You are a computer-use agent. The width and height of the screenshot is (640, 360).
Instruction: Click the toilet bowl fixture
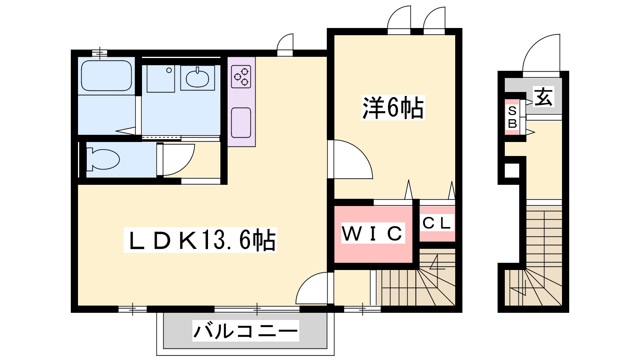tap(103, 159)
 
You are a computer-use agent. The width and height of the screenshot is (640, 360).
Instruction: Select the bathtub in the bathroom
tap(106, 76)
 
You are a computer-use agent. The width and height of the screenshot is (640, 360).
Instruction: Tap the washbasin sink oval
tap(198, 78)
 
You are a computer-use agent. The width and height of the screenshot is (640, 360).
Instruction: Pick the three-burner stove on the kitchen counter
tap(241, 76)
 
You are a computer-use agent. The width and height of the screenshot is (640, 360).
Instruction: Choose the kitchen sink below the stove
tap(241, 122)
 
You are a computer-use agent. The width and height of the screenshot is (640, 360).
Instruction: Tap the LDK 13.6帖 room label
tap(200, 240)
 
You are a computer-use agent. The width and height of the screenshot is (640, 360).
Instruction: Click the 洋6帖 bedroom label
tap(393, 108)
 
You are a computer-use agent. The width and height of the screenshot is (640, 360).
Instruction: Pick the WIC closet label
tap(373, 233)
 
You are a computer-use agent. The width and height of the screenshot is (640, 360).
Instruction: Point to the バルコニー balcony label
tap(246, 331)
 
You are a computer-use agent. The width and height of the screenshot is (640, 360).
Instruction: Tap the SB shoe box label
tap(512, 117)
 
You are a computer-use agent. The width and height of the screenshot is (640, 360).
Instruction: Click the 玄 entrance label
tap(543, 96)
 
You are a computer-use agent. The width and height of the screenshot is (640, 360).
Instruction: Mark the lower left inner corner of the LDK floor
tap(78, 306)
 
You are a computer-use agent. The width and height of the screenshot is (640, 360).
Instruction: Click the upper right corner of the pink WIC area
tap(412, 206)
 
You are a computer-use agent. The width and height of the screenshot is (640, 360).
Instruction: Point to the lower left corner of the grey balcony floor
tap(164, 348)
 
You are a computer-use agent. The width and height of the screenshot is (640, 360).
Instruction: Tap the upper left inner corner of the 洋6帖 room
tap(334, 35)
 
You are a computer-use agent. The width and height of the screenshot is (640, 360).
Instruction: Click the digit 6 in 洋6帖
tap(392, 108)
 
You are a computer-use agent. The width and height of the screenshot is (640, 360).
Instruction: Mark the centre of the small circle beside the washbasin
tap(169, 70)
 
